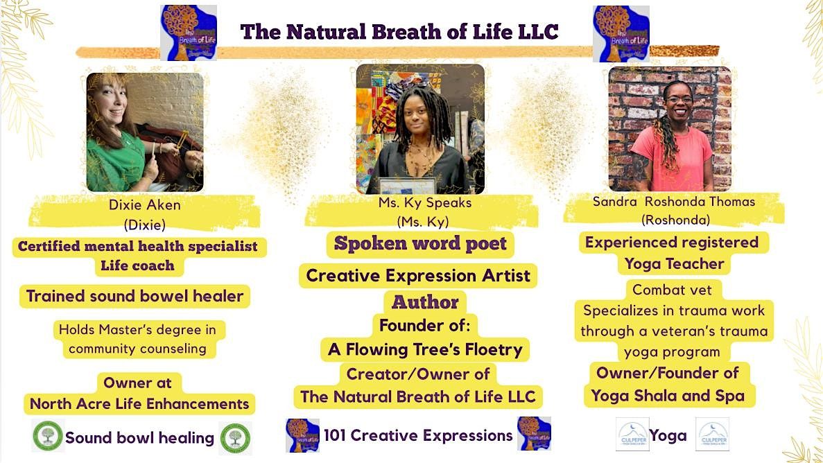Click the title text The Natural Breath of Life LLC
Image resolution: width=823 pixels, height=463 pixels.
[399, 32]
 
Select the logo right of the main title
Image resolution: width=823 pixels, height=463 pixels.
[621, 33]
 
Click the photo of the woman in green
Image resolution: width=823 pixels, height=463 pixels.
[144, 132]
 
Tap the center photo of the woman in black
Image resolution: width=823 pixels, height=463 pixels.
[420, 129]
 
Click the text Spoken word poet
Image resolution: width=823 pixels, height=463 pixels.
[420, 244]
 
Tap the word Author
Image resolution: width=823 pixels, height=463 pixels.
[425, 302]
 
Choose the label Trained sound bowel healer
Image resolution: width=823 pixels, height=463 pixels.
[135, 297]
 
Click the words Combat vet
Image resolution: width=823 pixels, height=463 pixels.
[667, 290]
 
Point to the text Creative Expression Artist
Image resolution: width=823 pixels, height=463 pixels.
[418, 276]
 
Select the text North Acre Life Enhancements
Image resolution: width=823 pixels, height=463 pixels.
[139, 404]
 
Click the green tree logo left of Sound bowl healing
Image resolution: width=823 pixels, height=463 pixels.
[47, 437]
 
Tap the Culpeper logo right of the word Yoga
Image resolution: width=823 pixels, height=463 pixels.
[712, 435]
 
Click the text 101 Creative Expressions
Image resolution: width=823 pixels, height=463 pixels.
[418, 435]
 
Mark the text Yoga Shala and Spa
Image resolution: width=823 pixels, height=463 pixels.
[668, 396]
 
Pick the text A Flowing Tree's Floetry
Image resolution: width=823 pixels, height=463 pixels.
[425, 349]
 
